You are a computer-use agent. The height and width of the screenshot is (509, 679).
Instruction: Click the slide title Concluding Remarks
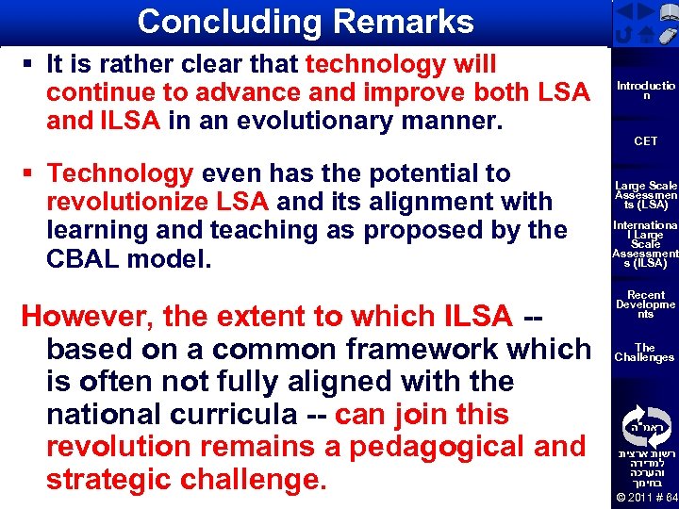tap(305, 22)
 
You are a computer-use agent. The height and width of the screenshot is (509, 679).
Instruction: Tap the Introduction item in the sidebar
tap(645, 90)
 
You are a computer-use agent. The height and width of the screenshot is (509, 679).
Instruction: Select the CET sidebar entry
tap(646, 141)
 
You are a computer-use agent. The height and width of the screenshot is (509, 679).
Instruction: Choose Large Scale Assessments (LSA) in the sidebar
tap(646, 195)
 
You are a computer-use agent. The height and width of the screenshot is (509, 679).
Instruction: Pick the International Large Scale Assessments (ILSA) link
tap(646, 244)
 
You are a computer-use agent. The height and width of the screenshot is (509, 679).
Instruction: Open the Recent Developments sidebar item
tap(646, 304)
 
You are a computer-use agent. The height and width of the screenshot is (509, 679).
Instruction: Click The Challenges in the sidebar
tap(645, 353)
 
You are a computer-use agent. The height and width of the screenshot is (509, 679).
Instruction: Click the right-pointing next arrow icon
tap(647, 12)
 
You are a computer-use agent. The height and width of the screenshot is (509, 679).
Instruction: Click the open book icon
tap(668, 11)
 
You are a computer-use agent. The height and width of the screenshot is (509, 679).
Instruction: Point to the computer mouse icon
tap(667, 34)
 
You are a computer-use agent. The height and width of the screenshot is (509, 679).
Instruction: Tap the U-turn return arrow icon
tap(624, 34)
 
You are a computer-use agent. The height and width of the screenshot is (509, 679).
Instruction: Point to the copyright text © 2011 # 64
tap(646, 496)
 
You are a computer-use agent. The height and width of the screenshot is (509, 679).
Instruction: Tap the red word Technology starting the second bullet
tap(120, 173)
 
